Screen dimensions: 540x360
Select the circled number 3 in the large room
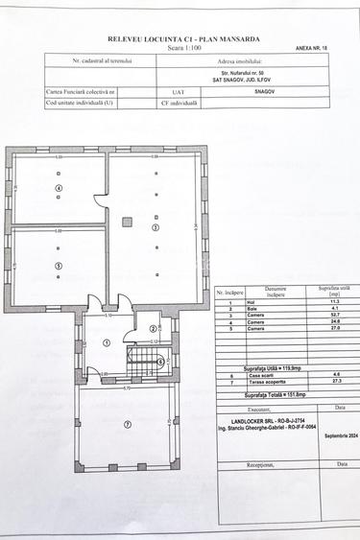156,227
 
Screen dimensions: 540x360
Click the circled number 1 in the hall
107,341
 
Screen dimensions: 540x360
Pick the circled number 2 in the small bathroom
154,329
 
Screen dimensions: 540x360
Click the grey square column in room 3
125,221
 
